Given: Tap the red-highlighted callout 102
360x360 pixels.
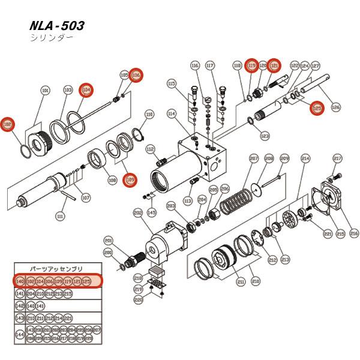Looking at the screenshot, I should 8,124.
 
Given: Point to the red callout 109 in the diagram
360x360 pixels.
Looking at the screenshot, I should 129,179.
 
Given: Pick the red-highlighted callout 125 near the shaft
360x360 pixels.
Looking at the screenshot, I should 318,108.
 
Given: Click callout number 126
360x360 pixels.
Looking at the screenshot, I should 335,107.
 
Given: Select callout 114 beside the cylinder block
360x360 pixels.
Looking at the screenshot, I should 172,113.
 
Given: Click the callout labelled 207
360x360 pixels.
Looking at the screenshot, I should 253,158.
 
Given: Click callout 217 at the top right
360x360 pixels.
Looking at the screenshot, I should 338,158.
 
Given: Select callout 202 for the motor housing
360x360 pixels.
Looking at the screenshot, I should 137,212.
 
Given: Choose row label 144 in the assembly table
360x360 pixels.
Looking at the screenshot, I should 20,334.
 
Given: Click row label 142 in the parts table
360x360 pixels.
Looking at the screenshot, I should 20,305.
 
